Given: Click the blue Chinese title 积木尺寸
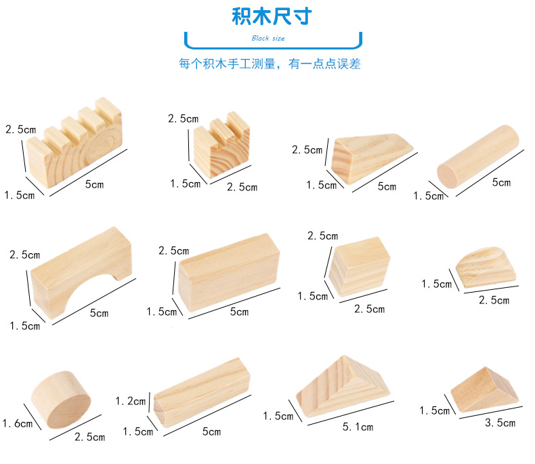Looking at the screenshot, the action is pos(272,16).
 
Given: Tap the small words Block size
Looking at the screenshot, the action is pos(268,38).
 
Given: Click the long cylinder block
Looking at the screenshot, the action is pos(477,156).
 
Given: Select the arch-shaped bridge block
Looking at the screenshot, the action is pos(81,273).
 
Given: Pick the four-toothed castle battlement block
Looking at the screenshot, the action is pos(74,143).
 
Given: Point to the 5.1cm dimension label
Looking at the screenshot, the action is pos(358,427).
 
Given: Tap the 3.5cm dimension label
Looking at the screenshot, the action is pos(500,423).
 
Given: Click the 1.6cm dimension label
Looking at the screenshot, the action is pos(18,424).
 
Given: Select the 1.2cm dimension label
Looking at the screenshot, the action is pos(131,401).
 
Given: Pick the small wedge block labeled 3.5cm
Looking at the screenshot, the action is pos(484,389).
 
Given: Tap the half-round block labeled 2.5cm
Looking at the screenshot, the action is pos(486,268).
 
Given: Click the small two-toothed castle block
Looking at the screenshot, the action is pos(221,145).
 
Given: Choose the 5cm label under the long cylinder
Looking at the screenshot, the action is pos(501,182).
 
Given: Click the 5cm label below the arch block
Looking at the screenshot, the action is pos(99,313).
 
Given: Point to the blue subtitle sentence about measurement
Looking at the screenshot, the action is pos(270,64).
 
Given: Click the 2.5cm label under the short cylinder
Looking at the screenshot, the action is pos(90,437).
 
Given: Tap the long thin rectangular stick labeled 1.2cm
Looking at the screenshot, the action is pos(202,392).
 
